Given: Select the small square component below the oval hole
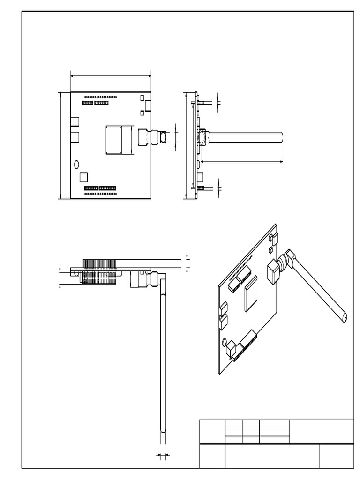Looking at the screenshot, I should pos(84,177).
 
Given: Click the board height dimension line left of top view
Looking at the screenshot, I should pos(61,145).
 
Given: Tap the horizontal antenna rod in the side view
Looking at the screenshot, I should pos(246,137).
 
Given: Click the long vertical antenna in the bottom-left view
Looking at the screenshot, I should pos(163,361).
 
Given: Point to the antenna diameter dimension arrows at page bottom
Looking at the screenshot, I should pos(162,455).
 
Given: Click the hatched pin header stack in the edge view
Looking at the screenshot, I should pos(99,271).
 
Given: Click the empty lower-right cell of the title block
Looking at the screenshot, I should pos(337,456).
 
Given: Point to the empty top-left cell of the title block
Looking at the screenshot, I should pos(212,432).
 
